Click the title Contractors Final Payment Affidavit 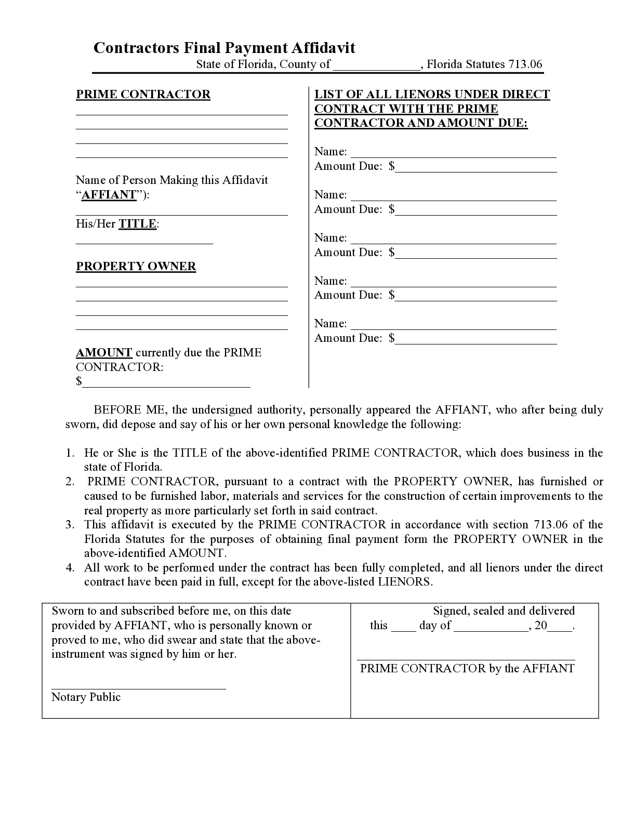coord(224,48)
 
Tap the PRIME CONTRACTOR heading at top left coord(143,95)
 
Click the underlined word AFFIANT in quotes coord(109,195)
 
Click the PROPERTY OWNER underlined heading coord(136,267)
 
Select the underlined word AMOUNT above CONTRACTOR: coord(104,353)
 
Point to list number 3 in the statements coord(70,525)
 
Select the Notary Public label coord(86,697)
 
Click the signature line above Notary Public coord(139,688)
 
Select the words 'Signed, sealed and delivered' coord(504,611)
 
